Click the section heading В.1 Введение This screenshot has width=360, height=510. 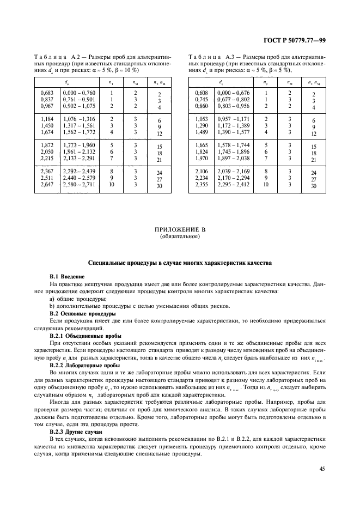coord(65,277)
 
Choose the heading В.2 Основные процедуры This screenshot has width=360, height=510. coord(82,314)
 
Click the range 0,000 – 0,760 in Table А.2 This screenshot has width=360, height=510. coord(79,93)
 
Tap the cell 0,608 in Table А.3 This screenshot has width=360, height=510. coord(202,93)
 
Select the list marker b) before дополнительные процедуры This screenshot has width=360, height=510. coord(52,307)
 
